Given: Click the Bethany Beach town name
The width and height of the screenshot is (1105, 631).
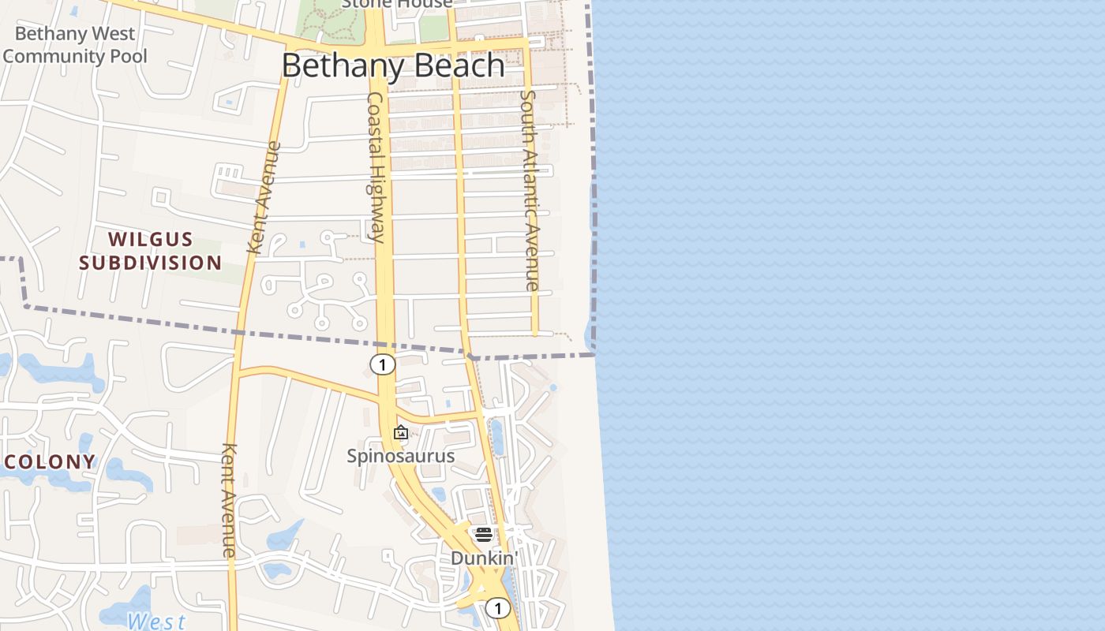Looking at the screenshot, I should (x=393, y=65).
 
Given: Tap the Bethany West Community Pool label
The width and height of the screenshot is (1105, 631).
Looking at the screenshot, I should (x=75, y=45).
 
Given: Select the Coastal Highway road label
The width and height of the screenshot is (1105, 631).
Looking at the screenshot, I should (x=376, y=166).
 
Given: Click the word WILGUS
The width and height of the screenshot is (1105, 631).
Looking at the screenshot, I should (x=150, y=239).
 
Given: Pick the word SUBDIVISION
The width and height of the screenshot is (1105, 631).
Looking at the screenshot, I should (x=150, y=263).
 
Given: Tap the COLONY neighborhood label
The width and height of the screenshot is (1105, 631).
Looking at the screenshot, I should (x=50, y=461).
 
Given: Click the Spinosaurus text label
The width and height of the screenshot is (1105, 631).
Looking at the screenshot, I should (x=401, y=456).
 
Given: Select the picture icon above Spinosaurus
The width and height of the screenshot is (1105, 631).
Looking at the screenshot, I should (x=401, y=432).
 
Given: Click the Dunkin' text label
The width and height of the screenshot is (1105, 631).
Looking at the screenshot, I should (x=482, y=558).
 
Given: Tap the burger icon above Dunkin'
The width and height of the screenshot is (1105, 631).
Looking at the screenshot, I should (x=484, y=535).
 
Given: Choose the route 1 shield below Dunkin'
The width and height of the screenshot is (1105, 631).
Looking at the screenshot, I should (x=497, y=608).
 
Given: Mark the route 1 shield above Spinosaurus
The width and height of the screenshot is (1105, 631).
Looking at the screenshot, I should (x=382, y=364).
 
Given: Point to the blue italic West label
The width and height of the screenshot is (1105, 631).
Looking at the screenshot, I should (x=156, y=622).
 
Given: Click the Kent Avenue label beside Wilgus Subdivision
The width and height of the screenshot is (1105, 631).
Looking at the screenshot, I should (x=264, y=197).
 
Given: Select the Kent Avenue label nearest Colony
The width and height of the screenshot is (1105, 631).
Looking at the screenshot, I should (x=229, y=500).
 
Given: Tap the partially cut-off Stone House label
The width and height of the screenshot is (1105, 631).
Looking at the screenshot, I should (x=397, y=4).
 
